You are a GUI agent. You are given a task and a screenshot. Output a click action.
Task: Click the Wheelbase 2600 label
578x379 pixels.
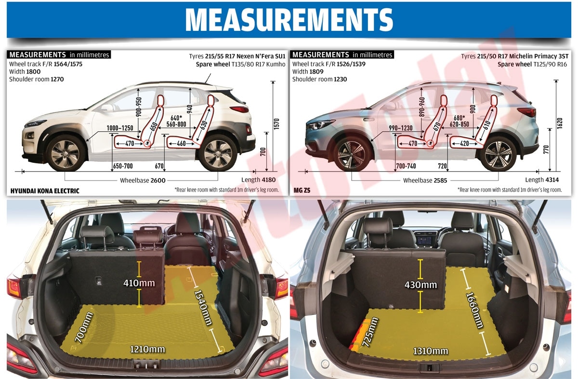click(143, 180)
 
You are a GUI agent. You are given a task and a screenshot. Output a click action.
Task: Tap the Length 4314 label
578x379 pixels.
click(542, 180)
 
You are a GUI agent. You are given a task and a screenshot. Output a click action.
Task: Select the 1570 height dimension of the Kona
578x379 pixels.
click(276, 124)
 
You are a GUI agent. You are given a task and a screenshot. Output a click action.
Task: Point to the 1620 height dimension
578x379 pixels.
click(559, 123)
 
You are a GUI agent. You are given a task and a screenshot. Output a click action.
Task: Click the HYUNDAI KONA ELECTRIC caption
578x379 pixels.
click(45, 191)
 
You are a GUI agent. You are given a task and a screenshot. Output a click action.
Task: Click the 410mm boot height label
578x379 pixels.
click(139, 283)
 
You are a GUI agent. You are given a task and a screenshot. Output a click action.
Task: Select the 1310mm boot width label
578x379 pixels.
click(431, 351)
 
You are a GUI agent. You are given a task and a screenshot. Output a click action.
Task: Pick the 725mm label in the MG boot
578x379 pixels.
click(370, 332)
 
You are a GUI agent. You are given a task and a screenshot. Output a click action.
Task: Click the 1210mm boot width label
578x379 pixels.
click(147, 349)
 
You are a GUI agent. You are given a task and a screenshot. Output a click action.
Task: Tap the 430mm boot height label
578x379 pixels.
click(420, 285)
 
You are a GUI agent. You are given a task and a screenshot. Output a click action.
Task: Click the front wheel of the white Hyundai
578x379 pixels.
click(66, 154)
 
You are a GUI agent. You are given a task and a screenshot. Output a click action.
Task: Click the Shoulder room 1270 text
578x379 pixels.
click(37, 79)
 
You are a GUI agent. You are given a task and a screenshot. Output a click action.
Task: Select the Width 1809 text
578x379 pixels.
click(308, 71)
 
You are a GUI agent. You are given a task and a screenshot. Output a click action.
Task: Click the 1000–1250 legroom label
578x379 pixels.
click(120, 128)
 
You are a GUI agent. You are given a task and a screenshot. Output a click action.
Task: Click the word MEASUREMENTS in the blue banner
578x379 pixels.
click(289, 20)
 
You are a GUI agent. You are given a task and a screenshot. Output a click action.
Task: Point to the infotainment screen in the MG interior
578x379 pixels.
click(424, 241)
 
